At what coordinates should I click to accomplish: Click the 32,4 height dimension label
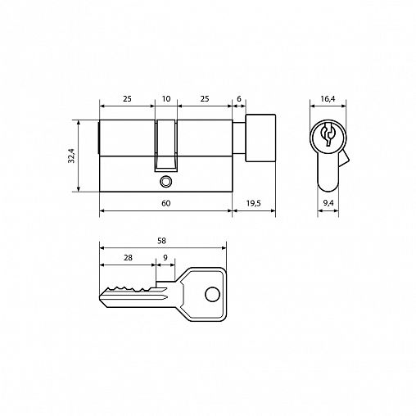click(71, 156)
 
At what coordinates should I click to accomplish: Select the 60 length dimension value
click(166, 203)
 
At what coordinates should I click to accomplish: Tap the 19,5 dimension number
click(254, 203)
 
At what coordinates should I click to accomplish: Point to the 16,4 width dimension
click(328, 99)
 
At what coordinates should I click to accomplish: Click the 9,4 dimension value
click(328, 203)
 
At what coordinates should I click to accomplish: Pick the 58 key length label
click(162, 241)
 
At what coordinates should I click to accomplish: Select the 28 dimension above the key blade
click(128, 257)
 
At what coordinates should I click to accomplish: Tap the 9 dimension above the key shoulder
click(165, 257)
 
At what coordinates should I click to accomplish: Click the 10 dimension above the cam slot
click(166, 98)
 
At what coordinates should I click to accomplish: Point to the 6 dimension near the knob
click(239, 98)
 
